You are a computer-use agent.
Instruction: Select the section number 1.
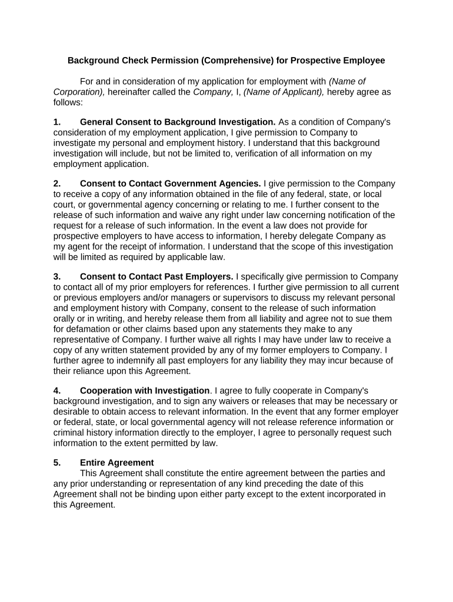click(57, 122)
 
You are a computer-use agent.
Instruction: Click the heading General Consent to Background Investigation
click(178, 122)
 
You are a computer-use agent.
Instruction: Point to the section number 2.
click(57, 183)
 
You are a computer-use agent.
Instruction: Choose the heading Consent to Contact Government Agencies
click(171, 183)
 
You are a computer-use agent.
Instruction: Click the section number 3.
click(57, 276)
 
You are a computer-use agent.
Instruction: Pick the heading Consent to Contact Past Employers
click(156, 276)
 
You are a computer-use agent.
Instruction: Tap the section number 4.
click(57, 390)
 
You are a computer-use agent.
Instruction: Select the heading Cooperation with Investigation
click(145, 390)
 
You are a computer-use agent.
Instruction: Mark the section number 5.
click(57, 463)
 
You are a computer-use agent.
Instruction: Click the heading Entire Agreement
click(117, 463)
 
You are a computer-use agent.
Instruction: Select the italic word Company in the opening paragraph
click(208, 92)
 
